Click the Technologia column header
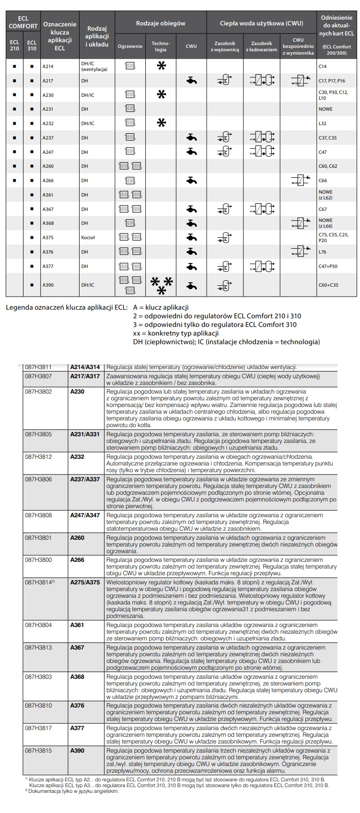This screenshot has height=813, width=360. click(x=161, y=46)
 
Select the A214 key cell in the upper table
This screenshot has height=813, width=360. click(x=48, y=67)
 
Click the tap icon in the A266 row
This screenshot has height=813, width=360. click(x=191, y=180)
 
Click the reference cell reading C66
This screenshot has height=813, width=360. click(x=323, y=181)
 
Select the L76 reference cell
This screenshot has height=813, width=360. click(x=322, y=252)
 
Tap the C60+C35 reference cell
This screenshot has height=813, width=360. click(x=328, y=285)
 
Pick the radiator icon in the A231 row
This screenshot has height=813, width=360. click(x=130, y=109)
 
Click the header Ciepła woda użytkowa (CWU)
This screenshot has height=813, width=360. click(x=261, y=23)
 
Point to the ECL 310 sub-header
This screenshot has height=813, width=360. click(x=32, y=46)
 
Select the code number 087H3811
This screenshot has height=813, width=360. click(x=38, y=367)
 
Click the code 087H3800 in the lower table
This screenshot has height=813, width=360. click(x=38, y=559)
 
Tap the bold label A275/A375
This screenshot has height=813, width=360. click(x=85, y=582)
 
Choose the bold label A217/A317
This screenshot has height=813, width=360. click(x=85, y=376)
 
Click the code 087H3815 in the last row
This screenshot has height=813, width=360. click(x=38, y=751)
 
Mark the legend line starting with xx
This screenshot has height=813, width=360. click(x=176, y=333)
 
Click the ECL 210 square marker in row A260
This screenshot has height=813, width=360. click(x=14, y=166)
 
